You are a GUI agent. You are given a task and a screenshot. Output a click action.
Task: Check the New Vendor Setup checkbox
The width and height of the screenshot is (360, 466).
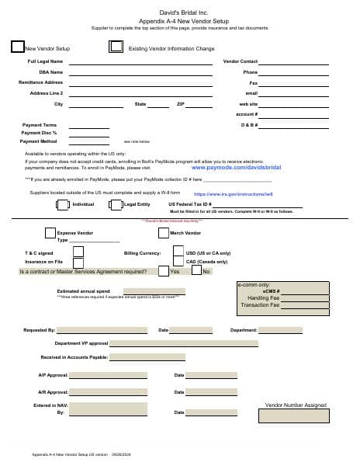pos(18,47)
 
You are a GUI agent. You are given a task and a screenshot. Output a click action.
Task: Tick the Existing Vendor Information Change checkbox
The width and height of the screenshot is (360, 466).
pos(116,47)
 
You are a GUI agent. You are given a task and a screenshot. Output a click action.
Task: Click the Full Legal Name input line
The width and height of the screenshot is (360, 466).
pos(140,62)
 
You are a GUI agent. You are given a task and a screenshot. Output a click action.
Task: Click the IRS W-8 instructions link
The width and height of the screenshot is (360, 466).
pos(234,194)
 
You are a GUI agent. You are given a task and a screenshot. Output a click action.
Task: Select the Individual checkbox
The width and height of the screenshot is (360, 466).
pos(64,205)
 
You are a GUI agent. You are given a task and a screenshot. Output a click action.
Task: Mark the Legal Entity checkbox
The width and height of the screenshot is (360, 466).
pos(116,205)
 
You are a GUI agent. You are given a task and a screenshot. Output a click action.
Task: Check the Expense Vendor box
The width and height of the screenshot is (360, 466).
pos(50,233)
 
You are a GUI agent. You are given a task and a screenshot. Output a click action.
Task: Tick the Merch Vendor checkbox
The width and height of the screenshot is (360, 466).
pos(164,233)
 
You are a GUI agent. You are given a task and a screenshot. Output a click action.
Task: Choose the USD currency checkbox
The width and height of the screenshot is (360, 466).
pos(179,252)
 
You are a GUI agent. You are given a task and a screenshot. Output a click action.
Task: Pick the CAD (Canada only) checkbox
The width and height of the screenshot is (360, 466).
pos(179,263)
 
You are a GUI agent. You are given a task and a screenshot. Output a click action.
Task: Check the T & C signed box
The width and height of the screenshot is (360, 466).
pos(78,252)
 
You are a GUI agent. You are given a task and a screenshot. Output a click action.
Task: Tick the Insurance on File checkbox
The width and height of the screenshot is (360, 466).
pos(78,263)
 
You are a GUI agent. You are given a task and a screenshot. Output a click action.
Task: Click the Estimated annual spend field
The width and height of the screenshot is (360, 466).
pos(154,292)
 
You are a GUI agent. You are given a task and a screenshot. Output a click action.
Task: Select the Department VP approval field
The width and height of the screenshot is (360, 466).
pos(185,343)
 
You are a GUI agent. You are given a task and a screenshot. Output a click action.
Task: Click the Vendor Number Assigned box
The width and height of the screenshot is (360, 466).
pos(296,419)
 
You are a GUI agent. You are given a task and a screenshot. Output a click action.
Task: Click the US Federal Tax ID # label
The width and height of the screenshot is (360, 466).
pos(190,204)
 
